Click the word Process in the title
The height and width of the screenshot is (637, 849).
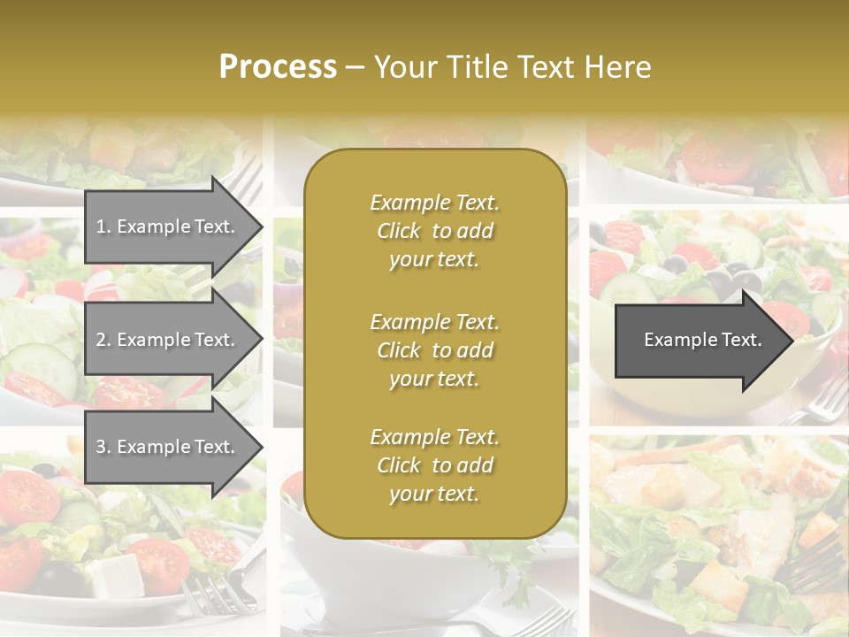click(278, 66)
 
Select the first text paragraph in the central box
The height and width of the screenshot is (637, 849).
click(434, 231)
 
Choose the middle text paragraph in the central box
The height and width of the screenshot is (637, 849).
click(434, 350)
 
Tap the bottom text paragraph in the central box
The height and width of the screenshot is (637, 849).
click(434, 465)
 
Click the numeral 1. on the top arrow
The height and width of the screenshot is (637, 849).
click(103, 226)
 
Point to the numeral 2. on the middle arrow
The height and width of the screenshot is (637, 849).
click(103, 340)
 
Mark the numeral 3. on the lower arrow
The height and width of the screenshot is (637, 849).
click(103, 447)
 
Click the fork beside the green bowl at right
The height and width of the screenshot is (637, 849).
click(818, 403)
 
